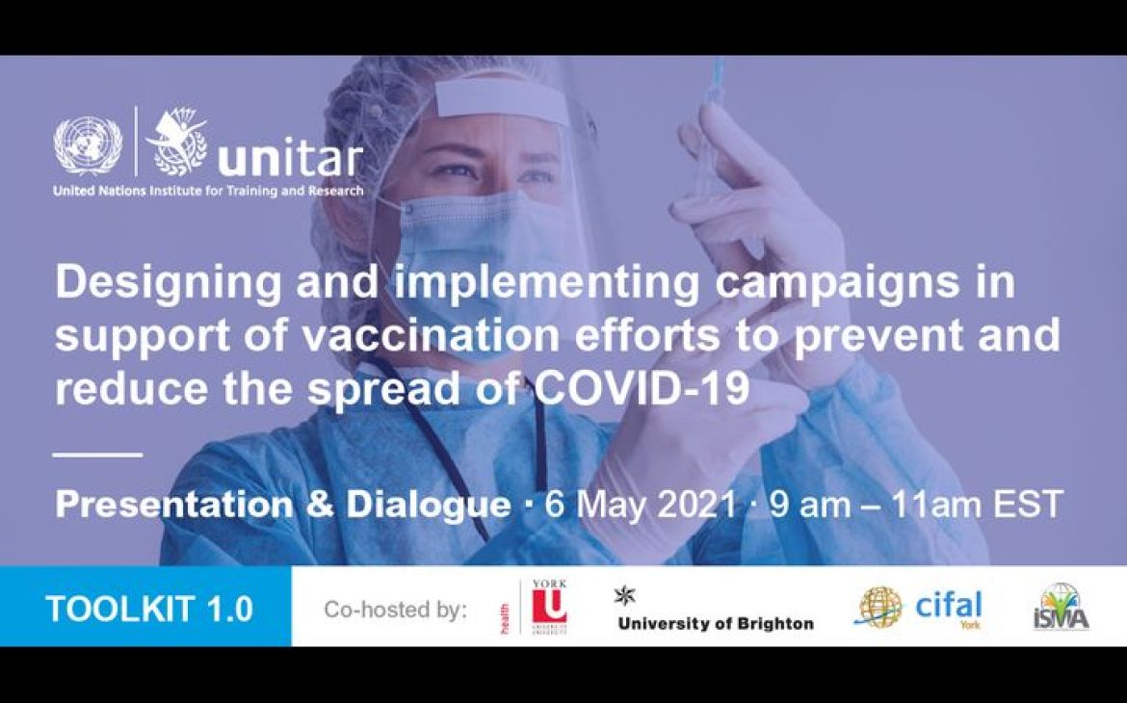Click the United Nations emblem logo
point(88,144)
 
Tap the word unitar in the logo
point(290,160)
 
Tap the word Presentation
point(179,504)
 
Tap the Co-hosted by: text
point(395,609)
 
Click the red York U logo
point(550,608)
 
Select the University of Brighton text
point(716,623)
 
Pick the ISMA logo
point(1061,608)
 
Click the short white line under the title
point(97,454)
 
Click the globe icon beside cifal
point(878,608)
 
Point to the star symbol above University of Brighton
point(624,595)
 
